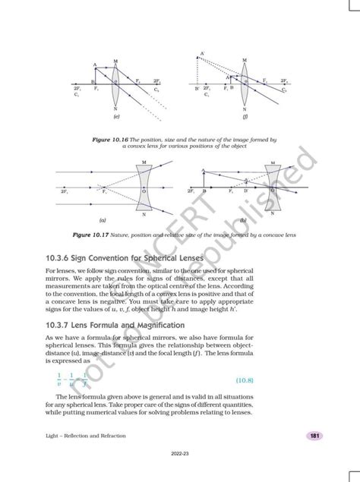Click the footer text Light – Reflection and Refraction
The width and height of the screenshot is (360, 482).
click(86, 436)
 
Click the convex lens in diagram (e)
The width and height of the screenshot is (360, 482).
click(115, 83)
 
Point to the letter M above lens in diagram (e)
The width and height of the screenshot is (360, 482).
click(115, 60)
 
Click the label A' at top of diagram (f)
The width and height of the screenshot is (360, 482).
click(202, 54)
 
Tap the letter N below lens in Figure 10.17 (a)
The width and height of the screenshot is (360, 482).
click(144, 215)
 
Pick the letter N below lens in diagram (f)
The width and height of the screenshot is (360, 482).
click(245, 109)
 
